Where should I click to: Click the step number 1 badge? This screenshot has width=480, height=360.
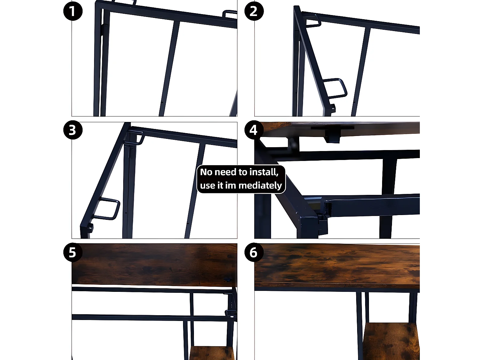point(73,11)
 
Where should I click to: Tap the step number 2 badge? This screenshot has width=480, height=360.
point(254,11)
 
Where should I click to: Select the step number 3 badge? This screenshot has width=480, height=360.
point(73,130)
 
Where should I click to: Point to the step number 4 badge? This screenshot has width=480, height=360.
point(254,130)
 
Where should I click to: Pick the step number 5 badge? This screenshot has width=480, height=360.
point(73,252)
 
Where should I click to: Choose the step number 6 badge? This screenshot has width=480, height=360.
point(254,252)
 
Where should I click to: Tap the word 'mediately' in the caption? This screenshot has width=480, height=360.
point(260,186)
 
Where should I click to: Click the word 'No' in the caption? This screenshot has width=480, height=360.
point(206,172)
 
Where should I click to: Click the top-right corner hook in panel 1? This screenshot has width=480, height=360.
point(229,14)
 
